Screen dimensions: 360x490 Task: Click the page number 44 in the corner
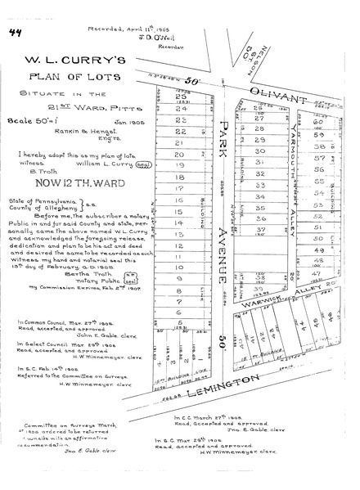point(15,32)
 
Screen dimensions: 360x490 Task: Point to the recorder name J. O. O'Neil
point(147,36)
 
